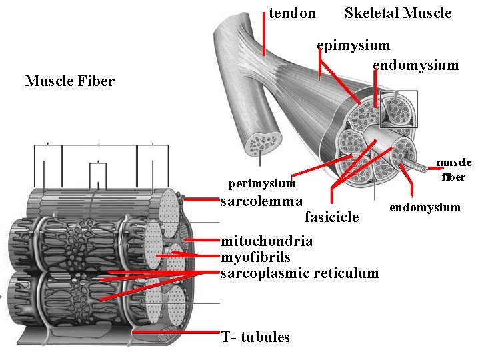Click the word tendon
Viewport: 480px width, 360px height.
pos(292,13)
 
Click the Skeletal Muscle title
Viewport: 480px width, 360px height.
pos(397,13)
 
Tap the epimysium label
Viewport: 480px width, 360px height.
pos(354,46)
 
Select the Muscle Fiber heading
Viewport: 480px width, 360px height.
pos(70,81)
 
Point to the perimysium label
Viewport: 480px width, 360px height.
pos(262,183)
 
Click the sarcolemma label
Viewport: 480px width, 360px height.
pos(261,201)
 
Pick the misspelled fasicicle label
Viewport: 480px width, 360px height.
pos(331,217)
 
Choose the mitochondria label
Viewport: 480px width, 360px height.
pos(267,241)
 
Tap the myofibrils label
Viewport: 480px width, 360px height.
pos(255,257)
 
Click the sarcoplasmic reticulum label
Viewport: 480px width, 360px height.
pos(299,273)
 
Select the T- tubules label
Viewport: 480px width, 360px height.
pos(255,337)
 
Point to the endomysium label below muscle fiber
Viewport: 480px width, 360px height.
pos(425,207)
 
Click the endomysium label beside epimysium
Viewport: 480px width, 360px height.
pos(415,65)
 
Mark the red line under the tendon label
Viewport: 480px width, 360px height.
pos(264,33)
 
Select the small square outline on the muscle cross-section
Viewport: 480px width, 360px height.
pos(398,109)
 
